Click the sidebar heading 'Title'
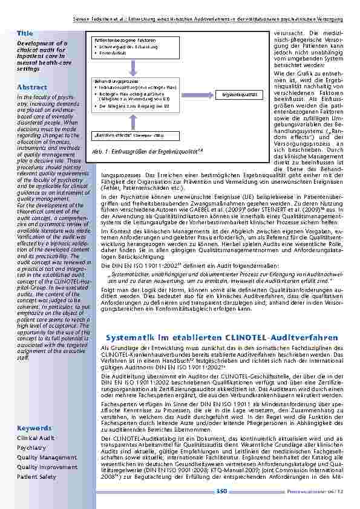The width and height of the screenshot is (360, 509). click(x=25, y=33)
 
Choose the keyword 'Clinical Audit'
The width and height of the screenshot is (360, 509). click(x=36, y=438)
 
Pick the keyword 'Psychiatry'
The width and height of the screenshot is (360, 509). click(x=31, y=448)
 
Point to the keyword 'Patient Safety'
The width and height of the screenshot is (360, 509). click(x=36, y=476)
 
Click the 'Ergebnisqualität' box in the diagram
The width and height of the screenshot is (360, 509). click(x=239, y=95)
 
